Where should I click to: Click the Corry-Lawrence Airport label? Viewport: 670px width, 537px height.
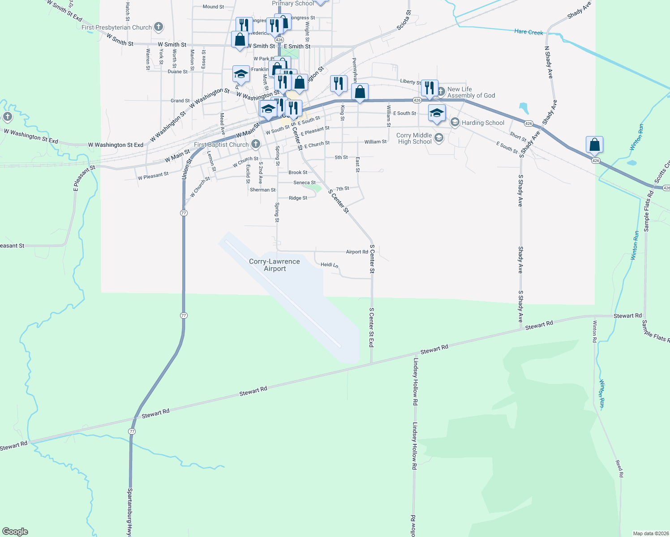(275, 265)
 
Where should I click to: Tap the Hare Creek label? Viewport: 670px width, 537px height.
(528, 32)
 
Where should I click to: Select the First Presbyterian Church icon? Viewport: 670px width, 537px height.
(158, 27)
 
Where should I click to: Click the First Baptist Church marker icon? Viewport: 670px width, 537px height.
(255, 144)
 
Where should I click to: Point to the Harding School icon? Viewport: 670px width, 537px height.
(455, 122)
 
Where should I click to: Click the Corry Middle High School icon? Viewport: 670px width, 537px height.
(438, 138)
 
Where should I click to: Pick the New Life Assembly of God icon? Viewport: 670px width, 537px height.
(441, 92)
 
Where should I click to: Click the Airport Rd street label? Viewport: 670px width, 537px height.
(357, 252)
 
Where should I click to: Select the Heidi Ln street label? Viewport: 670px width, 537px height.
(329, 265)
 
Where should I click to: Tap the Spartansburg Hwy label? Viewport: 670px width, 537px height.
(129, 512)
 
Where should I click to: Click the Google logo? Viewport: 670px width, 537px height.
(15, 532)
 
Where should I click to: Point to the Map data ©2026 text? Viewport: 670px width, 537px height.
(650, 533)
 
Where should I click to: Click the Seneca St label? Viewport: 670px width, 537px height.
(305, 183)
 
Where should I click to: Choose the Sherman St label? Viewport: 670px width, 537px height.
(263, 190)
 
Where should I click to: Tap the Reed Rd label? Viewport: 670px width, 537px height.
(619, 469)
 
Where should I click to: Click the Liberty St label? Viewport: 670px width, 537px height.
(410, 81)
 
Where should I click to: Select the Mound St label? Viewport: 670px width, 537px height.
(213, 7)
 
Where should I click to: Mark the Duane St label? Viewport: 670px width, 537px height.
(177, 72)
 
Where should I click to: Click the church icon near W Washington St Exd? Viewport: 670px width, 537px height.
(7, 117)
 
